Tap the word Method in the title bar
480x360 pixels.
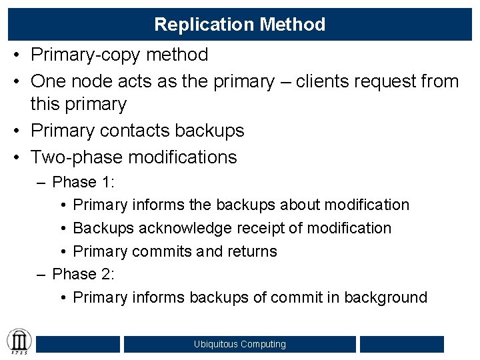point(293,25)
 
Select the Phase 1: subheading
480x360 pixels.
point(83,182)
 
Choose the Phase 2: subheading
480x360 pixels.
point(83,274)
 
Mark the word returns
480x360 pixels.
point(252,251)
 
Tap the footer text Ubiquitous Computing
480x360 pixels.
point(240,344)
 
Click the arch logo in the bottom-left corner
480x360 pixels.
point(19,341)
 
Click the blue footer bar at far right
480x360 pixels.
point(401,344)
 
